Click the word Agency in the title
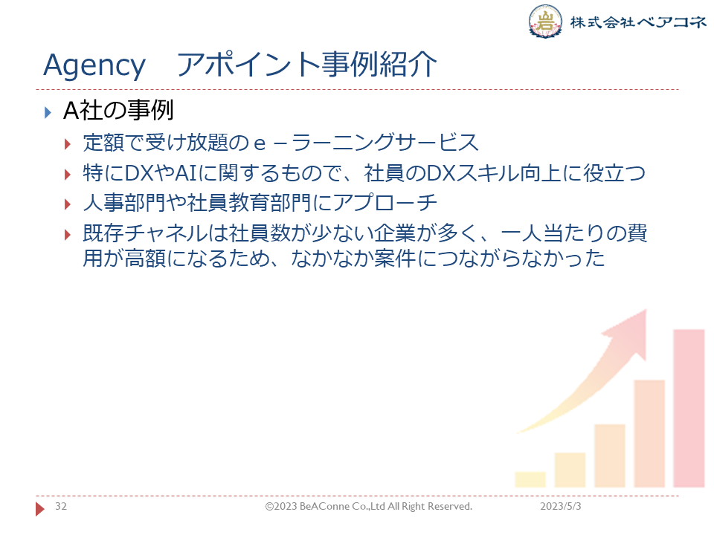pos(94,65)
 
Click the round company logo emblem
pos(544,22)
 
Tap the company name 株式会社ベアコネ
pos(638,22)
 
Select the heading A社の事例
pos(118,111)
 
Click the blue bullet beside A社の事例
pos(48,112)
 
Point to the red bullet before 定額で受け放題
pos(68,145)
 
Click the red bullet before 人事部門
pos(68,204)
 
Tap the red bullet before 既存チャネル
pos(68,235)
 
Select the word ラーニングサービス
pos(385,143)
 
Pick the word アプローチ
pos(385,203)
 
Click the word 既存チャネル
pos(145,233)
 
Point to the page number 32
pos(61,506)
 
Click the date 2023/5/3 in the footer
pos(561,506)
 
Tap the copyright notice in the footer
pos(369,506)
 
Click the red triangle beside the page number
pos(40,508)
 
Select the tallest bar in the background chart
pos(689,409)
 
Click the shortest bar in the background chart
pos(530,479)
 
